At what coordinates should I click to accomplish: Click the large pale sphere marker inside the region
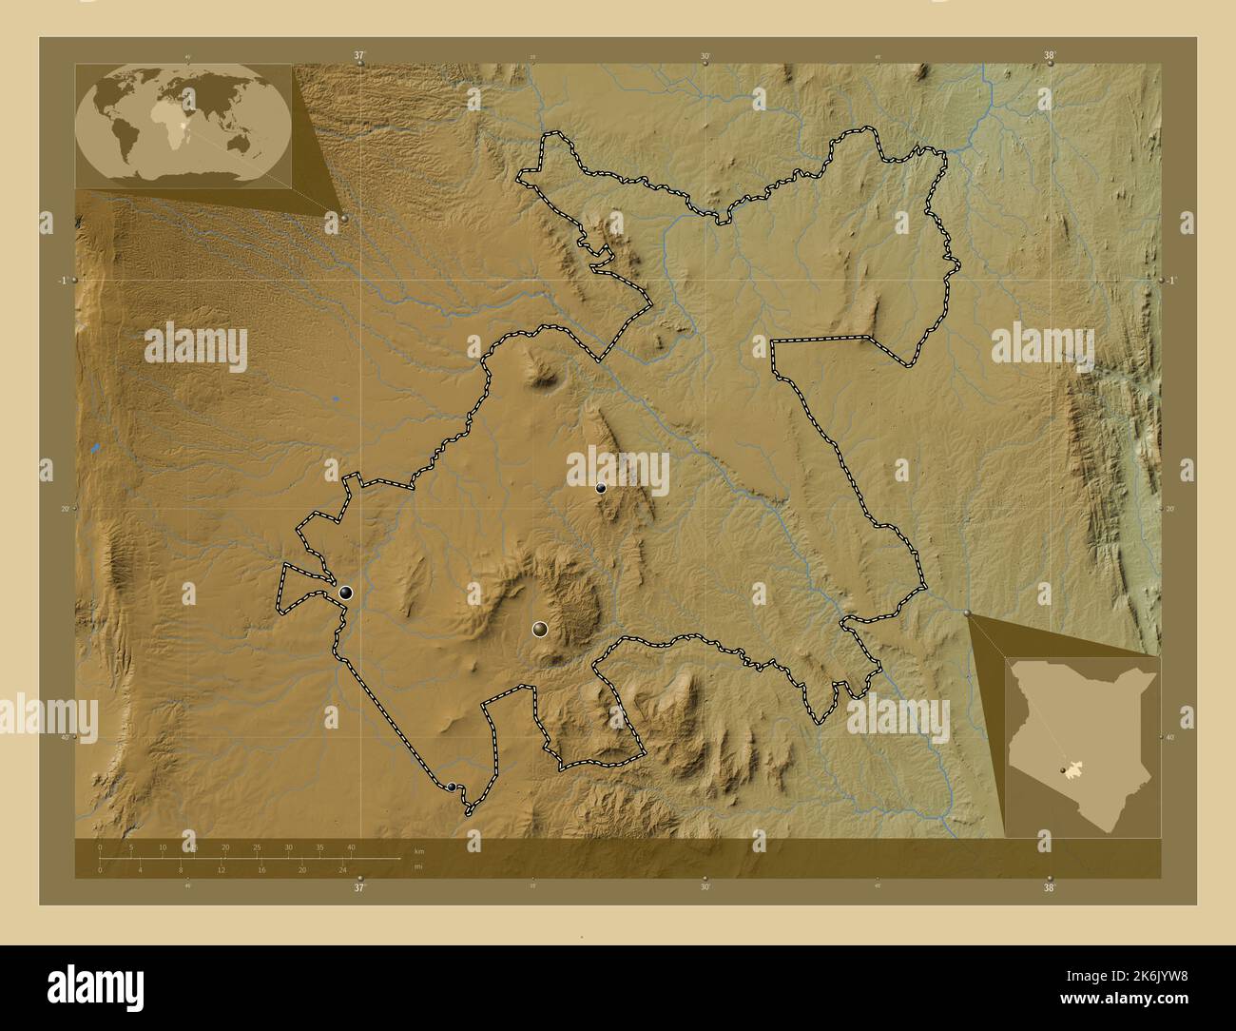(540, 629)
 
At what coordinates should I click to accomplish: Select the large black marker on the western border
(345, 593)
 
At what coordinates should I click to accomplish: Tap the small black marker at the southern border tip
(451, 787)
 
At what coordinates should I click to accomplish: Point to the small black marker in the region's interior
(601, 488)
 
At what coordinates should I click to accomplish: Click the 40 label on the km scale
(351, 847)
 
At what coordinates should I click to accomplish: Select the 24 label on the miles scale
(342, 869)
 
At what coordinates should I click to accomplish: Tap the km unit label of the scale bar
(418, 849)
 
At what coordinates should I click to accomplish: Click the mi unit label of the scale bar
(418, 866)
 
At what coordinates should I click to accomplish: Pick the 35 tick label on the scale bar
(319, 847)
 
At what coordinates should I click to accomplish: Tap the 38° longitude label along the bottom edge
(1049, 888)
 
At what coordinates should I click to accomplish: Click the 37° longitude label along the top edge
(359, 56)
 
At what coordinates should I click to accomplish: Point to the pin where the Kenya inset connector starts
(968, 613)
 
